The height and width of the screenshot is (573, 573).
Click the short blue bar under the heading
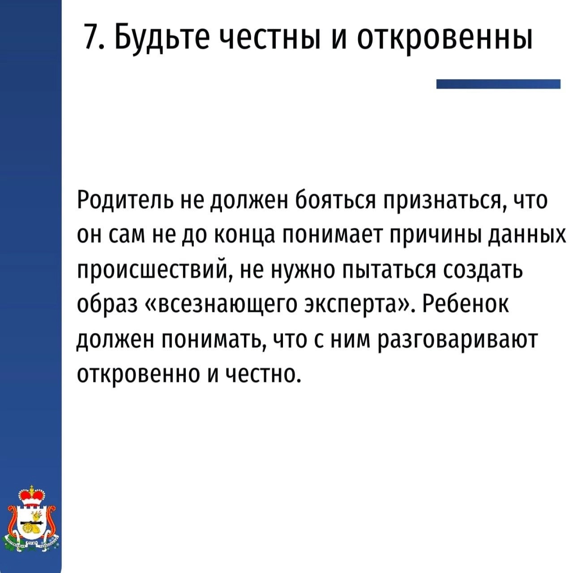coord(498,84)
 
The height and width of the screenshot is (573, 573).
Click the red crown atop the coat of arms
coord(31,496)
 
